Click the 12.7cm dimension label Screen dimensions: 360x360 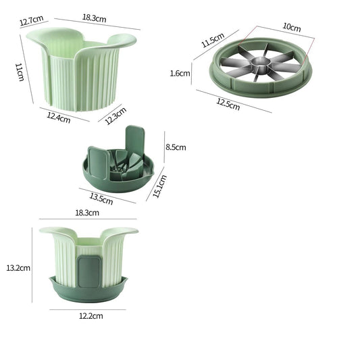[x=32, y=20]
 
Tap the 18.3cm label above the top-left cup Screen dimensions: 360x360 [x=94, y=18]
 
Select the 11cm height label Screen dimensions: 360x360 [x=20, y=72]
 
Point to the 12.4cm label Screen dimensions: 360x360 [x=59, y=118]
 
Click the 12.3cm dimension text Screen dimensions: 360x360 [x=115, y=115]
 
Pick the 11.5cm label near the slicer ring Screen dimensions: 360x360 [x=213, y=40]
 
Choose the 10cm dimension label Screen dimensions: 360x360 [x=292, y=27]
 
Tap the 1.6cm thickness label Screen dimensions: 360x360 [x=180, y=73]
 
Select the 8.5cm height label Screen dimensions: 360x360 [x=176, y=147]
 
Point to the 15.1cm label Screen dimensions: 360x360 [x=159, y=186]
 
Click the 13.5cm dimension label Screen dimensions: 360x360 [x=101, y=199]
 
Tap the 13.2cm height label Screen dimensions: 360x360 [x=18, y=268]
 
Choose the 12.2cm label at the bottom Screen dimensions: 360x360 [x=91, y=316]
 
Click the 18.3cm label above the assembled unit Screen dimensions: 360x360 [x=87, y=213]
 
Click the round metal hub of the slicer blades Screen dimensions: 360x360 [x=261, y=61]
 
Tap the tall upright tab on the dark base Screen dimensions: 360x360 [x=135, y=139]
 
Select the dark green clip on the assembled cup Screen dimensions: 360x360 [x=89, y=271]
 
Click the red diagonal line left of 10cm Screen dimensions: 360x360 [x=247, y=36]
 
